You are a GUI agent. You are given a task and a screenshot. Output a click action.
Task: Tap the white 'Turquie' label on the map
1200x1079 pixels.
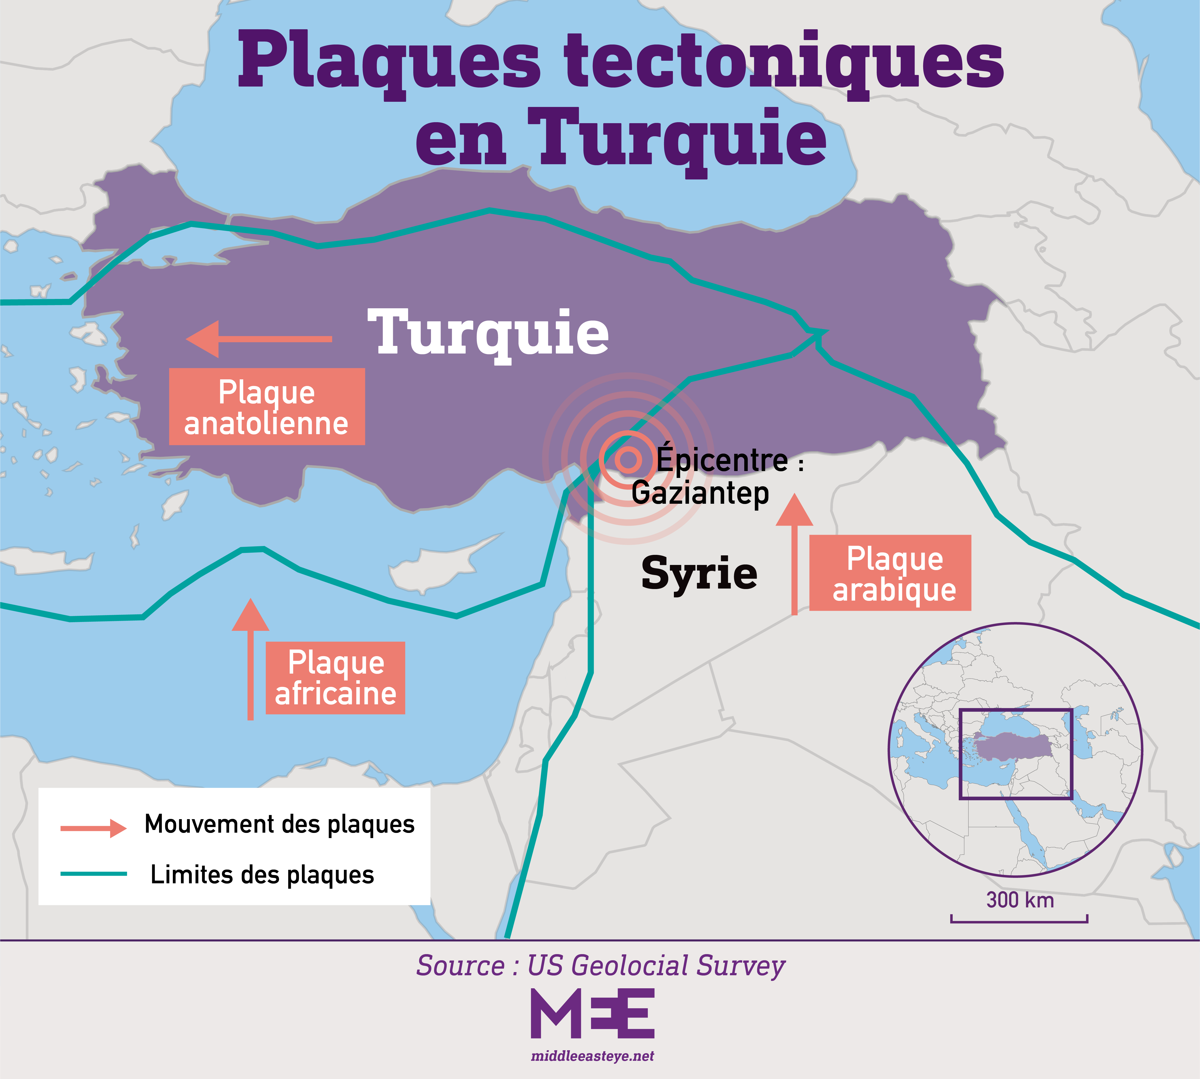pyautogui.click(x=487, y=333)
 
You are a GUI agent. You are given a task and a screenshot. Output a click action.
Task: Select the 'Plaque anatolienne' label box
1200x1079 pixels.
pyautogui.click(x=267, y=407)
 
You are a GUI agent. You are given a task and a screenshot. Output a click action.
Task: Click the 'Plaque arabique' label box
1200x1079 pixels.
pyautogui.click(x=890, y=573)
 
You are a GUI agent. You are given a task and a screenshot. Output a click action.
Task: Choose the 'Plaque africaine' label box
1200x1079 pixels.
pyautogui.click(x=335, y=678)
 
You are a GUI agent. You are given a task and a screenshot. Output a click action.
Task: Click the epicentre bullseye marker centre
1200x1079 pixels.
pyautogui.click(x=628, y=459)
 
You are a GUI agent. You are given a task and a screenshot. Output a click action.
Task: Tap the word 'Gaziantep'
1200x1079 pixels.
pyautogui.click(x=700, y=493)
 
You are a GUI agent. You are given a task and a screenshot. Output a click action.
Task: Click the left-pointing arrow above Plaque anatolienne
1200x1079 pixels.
pyautogui.click(x=259, y=339)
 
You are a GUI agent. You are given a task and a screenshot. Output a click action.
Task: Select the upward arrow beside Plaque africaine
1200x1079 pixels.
pyautogui.click(x=250, y=658)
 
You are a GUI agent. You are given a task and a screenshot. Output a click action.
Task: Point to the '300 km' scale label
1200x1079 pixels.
pyautogui.click(x=1020, y=900)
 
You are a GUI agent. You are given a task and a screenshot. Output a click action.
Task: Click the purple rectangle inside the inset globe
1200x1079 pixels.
pyautogui.click(x=1016, y=754)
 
